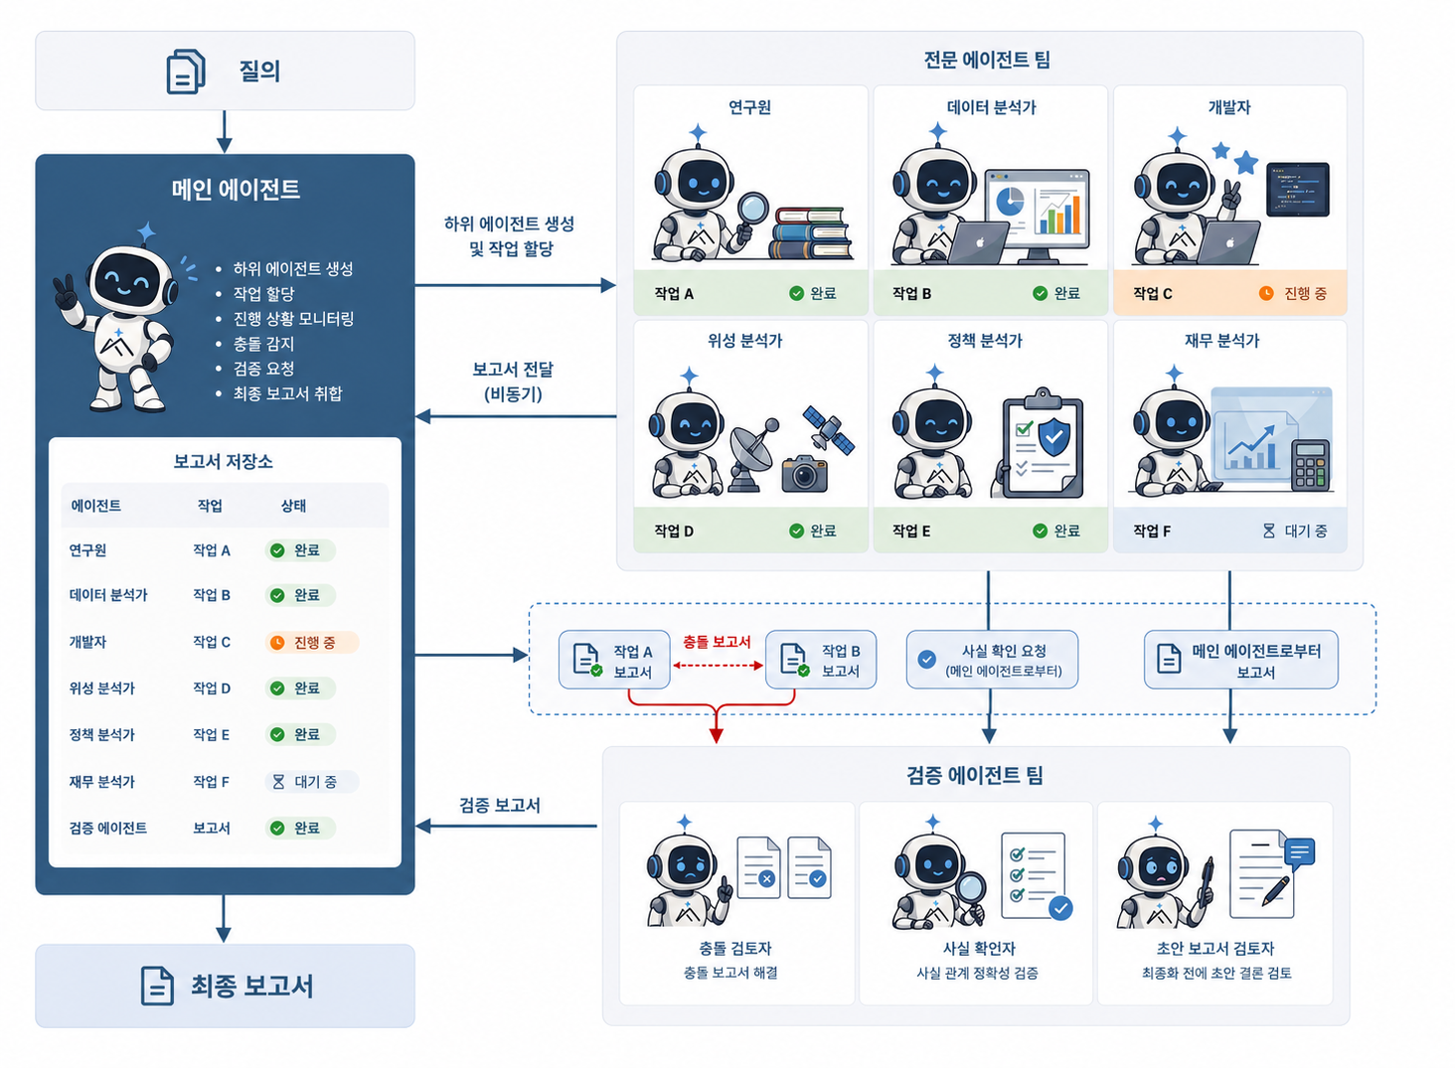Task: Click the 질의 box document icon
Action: point(186,72)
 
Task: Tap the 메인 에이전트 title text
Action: point(236,190)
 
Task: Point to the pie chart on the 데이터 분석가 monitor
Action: point(1010,202)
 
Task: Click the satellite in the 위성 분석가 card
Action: point(828,429)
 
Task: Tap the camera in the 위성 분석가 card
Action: point(804,474)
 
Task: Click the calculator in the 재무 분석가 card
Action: point(1310,465)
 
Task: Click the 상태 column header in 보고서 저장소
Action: point(293,506)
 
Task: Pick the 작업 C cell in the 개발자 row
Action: point(212,642)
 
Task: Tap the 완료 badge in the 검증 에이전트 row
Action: point(300,828)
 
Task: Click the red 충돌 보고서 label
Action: point(717,642)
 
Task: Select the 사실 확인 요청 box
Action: point(992,660)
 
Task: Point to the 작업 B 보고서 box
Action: point(821,660)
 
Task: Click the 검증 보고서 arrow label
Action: point(500,805)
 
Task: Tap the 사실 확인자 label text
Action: point(979,949)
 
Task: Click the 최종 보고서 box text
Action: point(252,986)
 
